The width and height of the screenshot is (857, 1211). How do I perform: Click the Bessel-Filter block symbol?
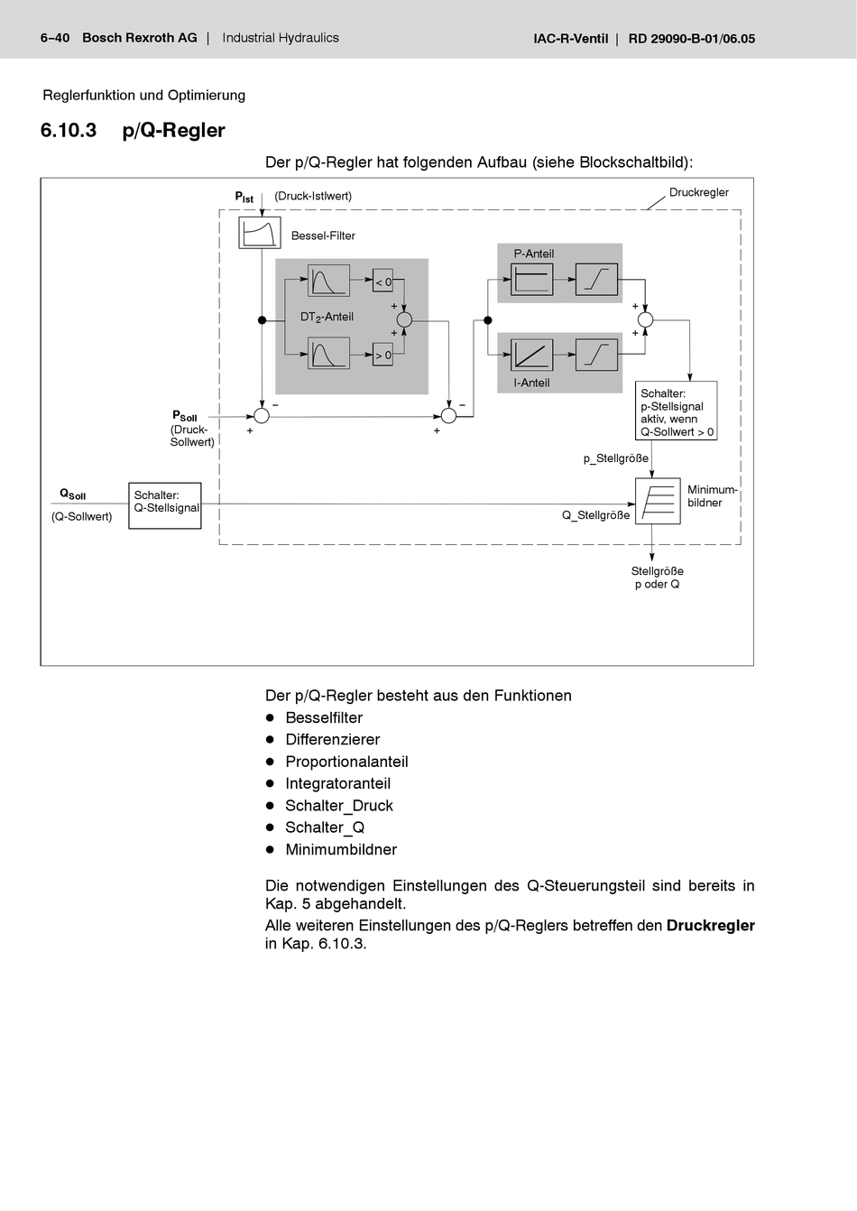(260, 233)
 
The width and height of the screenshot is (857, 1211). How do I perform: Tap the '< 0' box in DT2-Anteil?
(383, 282)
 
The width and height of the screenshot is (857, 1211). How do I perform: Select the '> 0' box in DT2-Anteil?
(383, 355)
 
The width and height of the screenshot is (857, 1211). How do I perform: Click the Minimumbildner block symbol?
(658, 501)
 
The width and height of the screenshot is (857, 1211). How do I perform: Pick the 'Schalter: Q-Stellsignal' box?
(165, 505)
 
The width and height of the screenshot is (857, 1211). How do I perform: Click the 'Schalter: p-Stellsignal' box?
(676, 411)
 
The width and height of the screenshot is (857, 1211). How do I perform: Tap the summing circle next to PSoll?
(262, 416)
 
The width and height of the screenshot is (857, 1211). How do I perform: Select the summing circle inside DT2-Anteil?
(404, 319)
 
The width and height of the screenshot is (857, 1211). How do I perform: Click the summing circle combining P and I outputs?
(645, 319)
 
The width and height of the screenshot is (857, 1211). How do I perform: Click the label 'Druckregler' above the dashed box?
(698, 192)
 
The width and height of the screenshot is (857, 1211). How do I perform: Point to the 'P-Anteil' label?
(534, 254)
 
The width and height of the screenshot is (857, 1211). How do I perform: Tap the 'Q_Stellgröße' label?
(595, 515)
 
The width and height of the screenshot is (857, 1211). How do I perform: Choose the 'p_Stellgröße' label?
(615, 458)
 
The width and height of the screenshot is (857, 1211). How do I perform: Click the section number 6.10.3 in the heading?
(69, 130)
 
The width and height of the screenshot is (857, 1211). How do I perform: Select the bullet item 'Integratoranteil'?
(337, 783)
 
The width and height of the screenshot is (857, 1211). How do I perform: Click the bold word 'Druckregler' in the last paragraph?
(710, 925)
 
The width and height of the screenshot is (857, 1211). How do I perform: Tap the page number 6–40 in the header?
(55, 38)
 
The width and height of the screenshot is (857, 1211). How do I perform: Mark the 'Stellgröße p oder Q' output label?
(657, 578)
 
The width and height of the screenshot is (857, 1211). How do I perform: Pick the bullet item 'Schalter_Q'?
(325, 827)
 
